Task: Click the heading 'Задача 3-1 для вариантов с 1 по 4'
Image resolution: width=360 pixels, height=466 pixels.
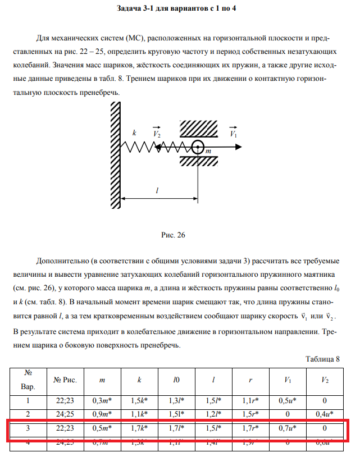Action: coord(180,9)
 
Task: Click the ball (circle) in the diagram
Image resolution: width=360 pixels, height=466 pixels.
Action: coord(198,148)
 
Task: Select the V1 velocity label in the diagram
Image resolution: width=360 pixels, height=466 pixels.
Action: coord(234,135)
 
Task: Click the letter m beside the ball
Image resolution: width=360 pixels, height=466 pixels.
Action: coord(208,151)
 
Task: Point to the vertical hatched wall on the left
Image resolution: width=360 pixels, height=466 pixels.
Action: coord(115,146)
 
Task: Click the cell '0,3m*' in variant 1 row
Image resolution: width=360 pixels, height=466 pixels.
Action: coord(102,401)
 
